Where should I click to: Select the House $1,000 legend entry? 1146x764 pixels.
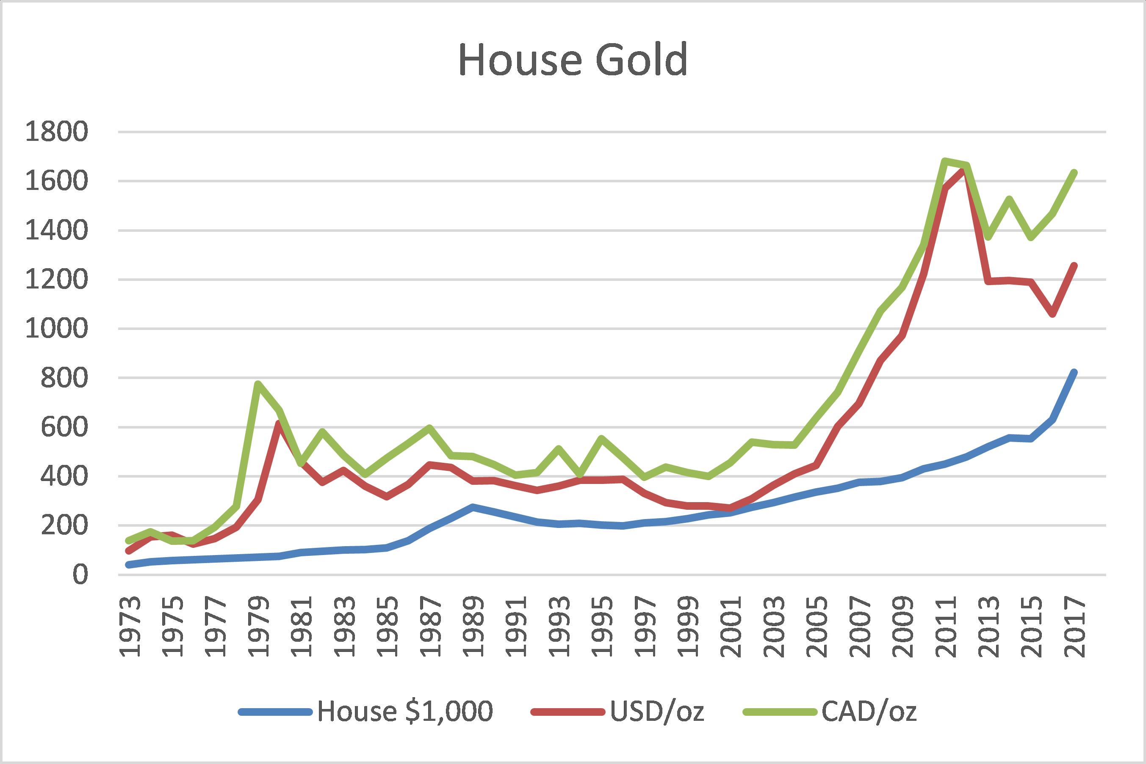405,712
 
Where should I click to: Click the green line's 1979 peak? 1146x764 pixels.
257,383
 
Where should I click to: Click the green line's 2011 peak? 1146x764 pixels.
944,160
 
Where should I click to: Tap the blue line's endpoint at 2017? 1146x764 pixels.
1073,372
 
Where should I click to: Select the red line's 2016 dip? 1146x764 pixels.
1052,315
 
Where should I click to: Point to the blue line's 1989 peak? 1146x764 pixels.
472,507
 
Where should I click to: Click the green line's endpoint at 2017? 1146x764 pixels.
1073,173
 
